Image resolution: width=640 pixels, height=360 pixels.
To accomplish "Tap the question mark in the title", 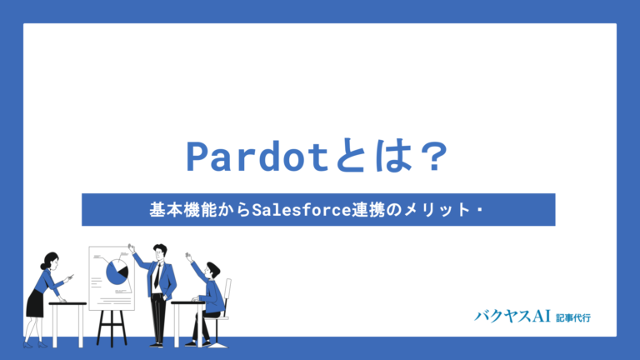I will pos(432,157).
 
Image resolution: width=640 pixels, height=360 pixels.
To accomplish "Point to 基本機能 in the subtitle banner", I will pos(177,210).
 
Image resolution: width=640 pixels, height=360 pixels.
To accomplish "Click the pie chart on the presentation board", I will pos(117,271).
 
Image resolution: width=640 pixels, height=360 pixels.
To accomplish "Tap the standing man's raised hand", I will pos(131,247).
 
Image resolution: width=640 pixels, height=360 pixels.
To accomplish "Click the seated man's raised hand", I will pos(188,253).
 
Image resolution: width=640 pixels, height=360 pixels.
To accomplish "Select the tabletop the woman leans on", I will pos(67,304).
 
